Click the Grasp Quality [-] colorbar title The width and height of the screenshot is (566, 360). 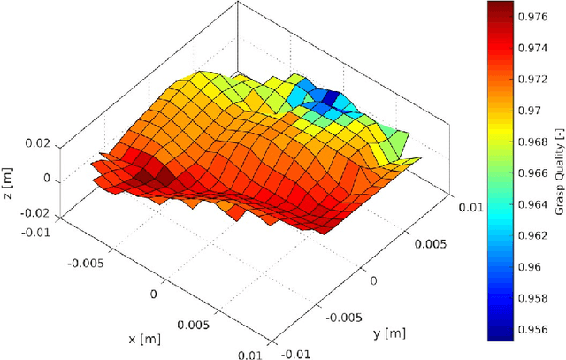(558, 172)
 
